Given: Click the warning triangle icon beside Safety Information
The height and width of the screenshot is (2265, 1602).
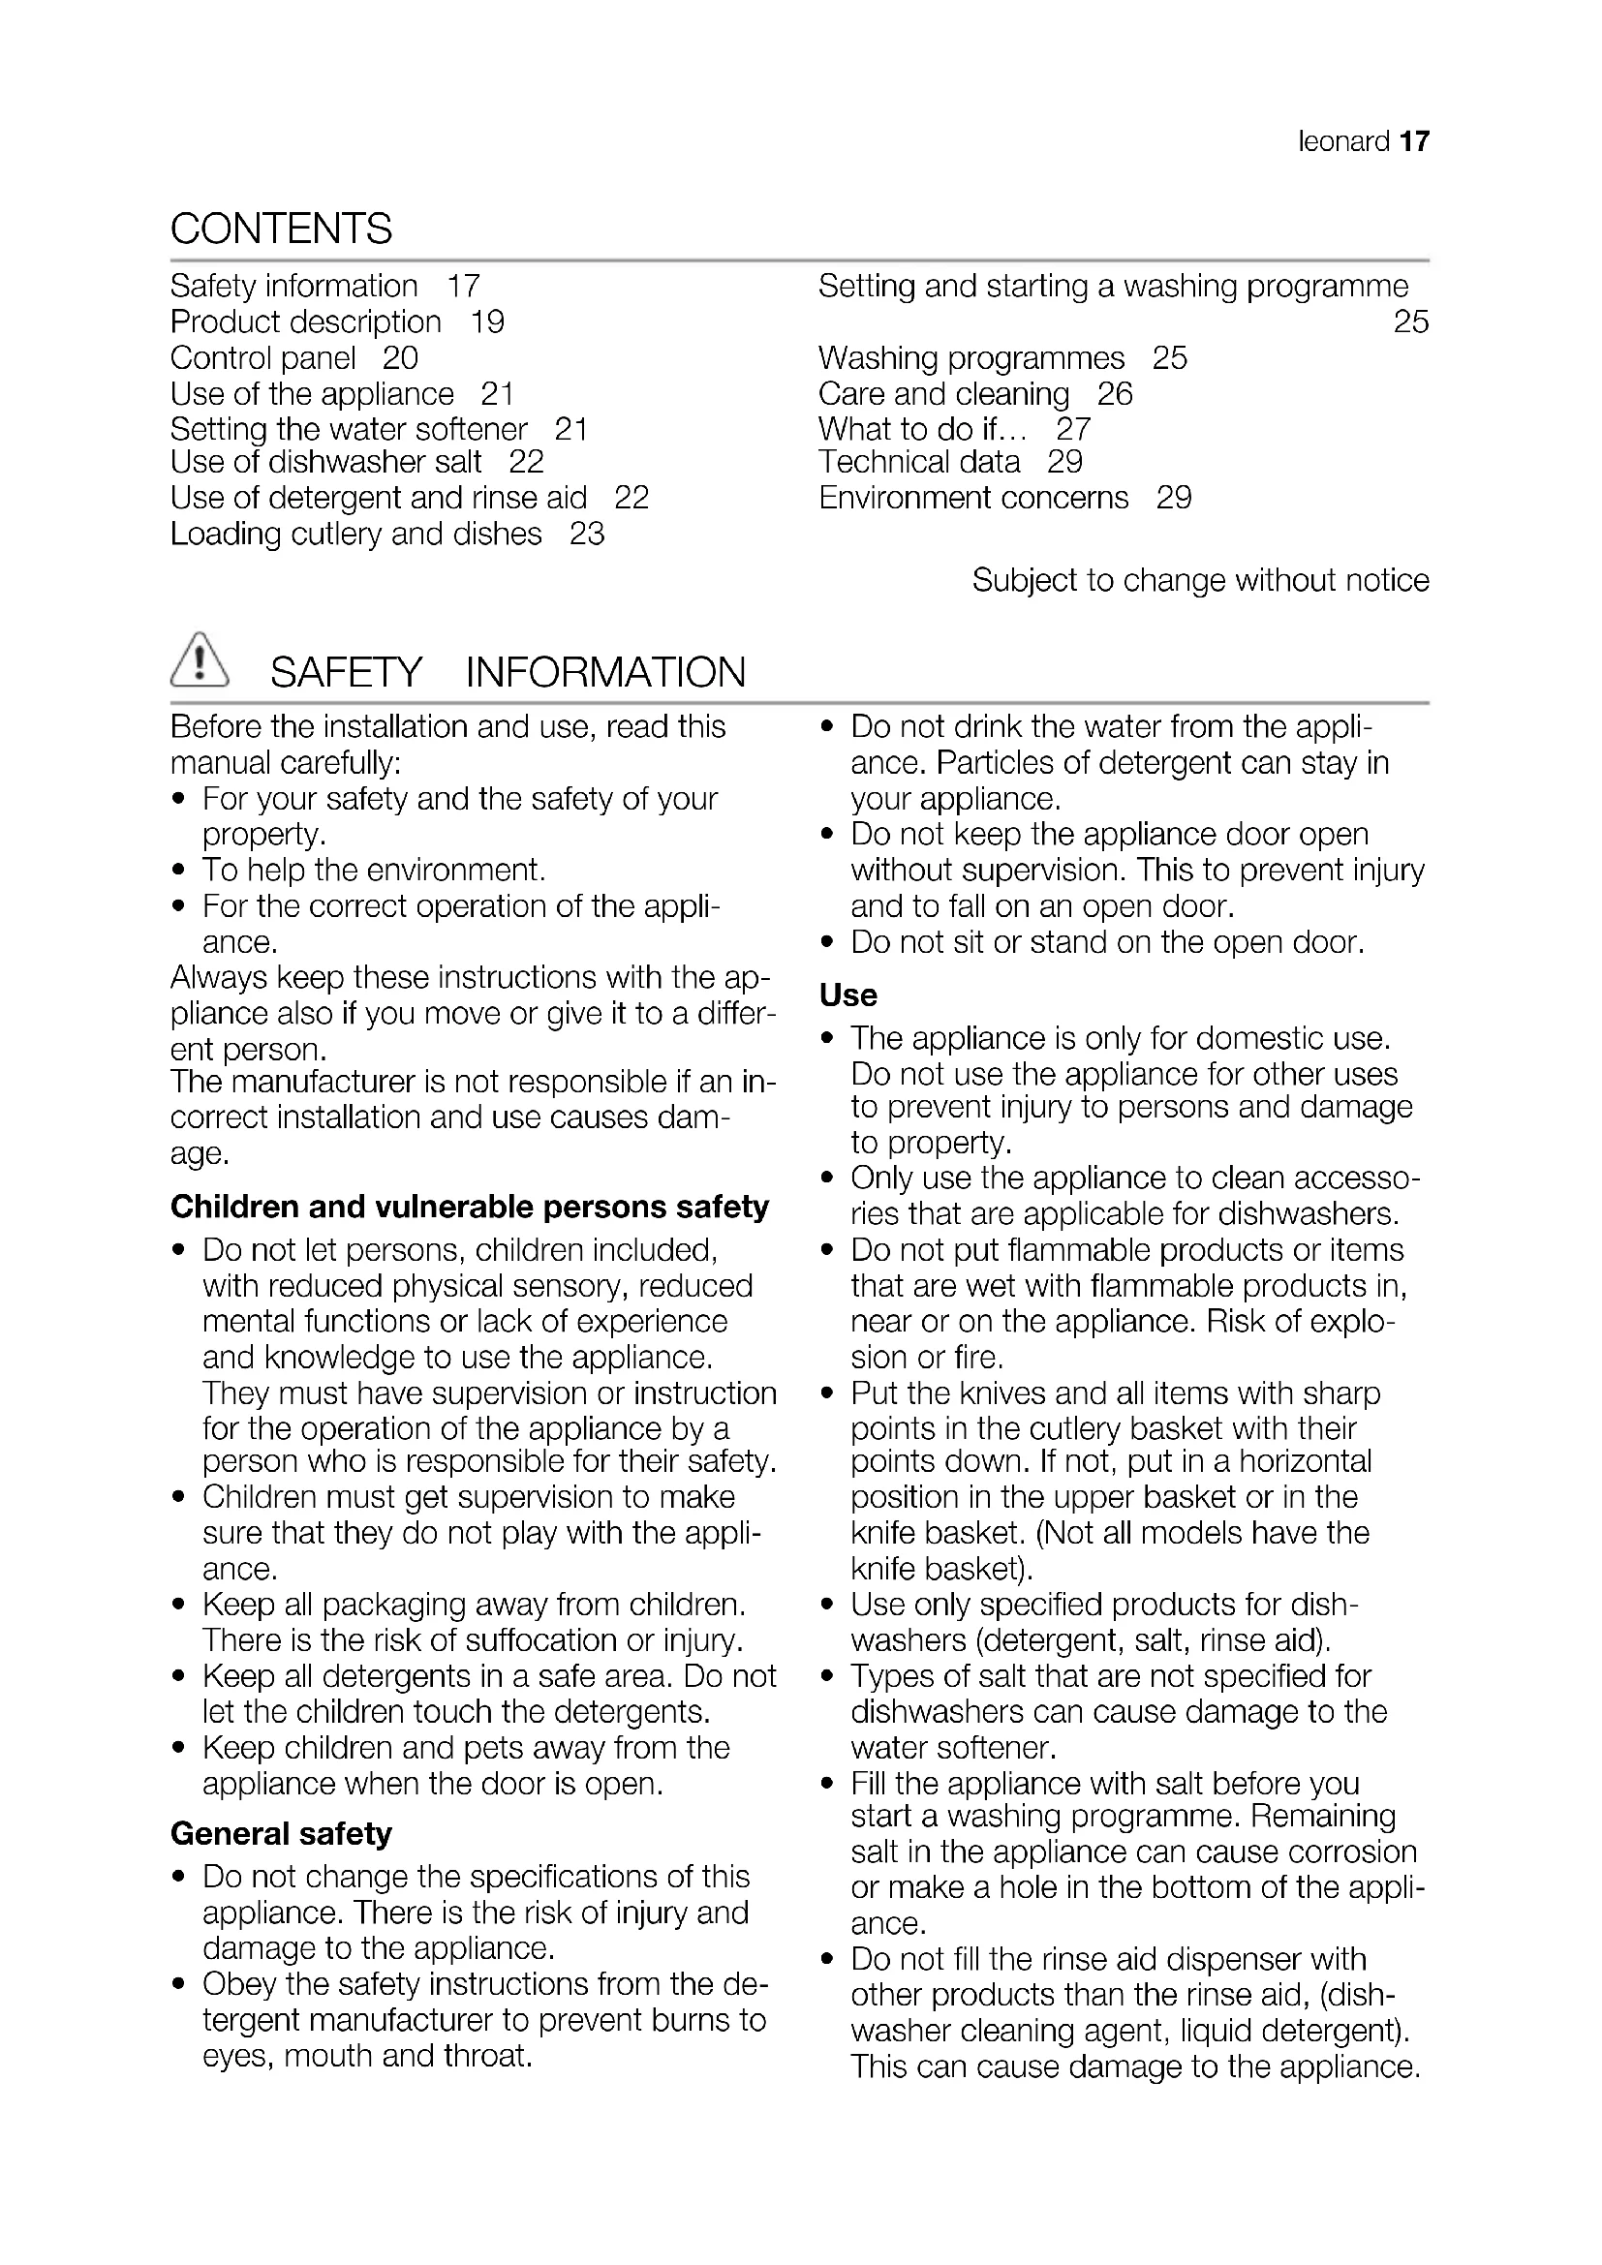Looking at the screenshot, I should click(200, 660).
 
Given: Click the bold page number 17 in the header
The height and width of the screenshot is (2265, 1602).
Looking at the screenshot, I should click(1413, 142).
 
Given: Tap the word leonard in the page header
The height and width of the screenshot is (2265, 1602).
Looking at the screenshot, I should click(1343, 142).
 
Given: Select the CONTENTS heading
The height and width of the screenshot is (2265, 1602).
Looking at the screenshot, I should click(281, 229).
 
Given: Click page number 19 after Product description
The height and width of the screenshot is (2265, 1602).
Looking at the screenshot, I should click(487, 322).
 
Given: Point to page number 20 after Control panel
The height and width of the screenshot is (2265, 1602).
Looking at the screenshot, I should click(401, 358).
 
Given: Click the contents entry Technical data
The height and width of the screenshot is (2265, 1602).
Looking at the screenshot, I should click(918, 462).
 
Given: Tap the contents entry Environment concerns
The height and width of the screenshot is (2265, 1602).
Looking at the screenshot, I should click(972, 498).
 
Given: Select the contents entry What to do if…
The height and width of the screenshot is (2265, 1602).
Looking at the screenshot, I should click(922, 429).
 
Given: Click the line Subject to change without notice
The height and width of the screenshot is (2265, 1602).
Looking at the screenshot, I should click(1199, 580).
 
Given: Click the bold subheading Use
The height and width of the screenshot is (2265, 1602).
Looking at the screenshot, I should click(847, 995).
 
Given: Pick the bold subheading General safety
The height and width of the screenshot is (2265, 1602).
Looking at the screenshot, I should click(281, 1834).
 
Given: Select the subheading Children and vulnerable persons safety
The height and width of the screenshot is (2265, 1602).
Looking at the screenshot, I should click(470, 1207).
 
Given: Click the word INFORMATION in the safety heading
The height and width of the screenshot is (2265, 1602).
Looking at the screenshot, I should click(604, 673).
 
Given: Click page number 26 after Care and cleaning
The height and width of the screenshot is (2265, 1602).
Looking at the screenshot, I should click(1115, 394).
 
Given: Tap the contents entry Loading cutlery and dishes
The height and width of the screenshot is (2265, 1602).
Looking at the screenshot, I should click(356, 535).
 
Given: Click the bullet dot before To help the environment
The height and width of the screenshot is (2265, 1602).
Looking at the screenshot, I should click(178, 872).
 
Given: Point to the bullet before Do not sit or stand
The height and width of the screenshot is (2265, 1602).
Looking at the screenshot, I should click(827, 943).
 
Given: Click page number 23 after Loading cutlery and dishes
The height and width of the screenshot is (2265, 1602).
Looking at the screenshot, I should click(587, 535).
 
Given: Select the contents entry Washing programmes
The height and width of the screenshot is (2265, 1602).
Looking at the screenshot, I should click(970, 358).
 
